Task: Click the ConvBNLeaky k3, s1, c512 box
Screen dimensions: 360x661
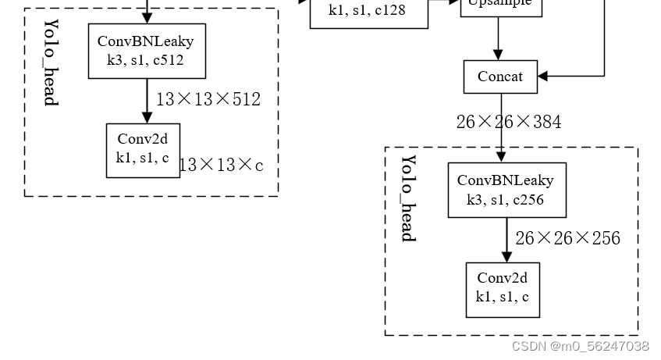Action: point(147,51)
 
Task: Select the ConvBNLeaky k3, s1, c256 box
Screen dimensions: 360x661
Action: point(506,190)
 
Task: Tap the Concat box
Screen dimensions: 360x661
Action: point(500,77)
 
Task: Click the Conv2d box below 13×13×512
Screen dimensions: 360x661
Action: point(143,150)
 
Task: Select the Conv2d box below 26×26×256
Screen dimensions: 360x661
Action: point(503,289)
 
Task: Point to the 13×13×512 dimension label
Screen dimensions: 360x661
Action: point(208,99)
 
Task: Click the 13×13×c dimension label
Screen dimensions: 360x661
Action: point(222,165)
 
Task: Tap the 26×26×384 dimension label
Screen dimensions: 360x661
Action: point(509,122)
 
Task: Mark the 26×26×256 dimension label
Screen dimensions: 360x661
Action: point(567,238)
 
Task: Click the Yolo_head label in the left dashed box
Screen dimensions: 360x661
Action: point(50,62)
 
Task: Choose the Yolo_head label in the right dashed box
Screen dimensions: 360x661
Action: point(408,198)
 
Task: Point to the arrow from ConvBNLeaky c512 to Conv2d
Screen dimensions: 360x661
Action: point(147,101)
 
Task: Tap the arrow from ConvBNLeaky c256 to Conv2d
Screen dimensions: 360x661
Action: point(506,240)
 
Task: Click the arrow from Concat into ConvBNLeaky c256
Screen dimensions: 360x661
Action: point(501,128)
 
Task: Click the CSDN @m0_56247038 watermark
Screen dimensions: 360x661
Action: point(580,346)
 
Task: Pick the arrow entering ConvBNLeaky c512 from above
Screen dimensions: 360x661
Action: point(147,12)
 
